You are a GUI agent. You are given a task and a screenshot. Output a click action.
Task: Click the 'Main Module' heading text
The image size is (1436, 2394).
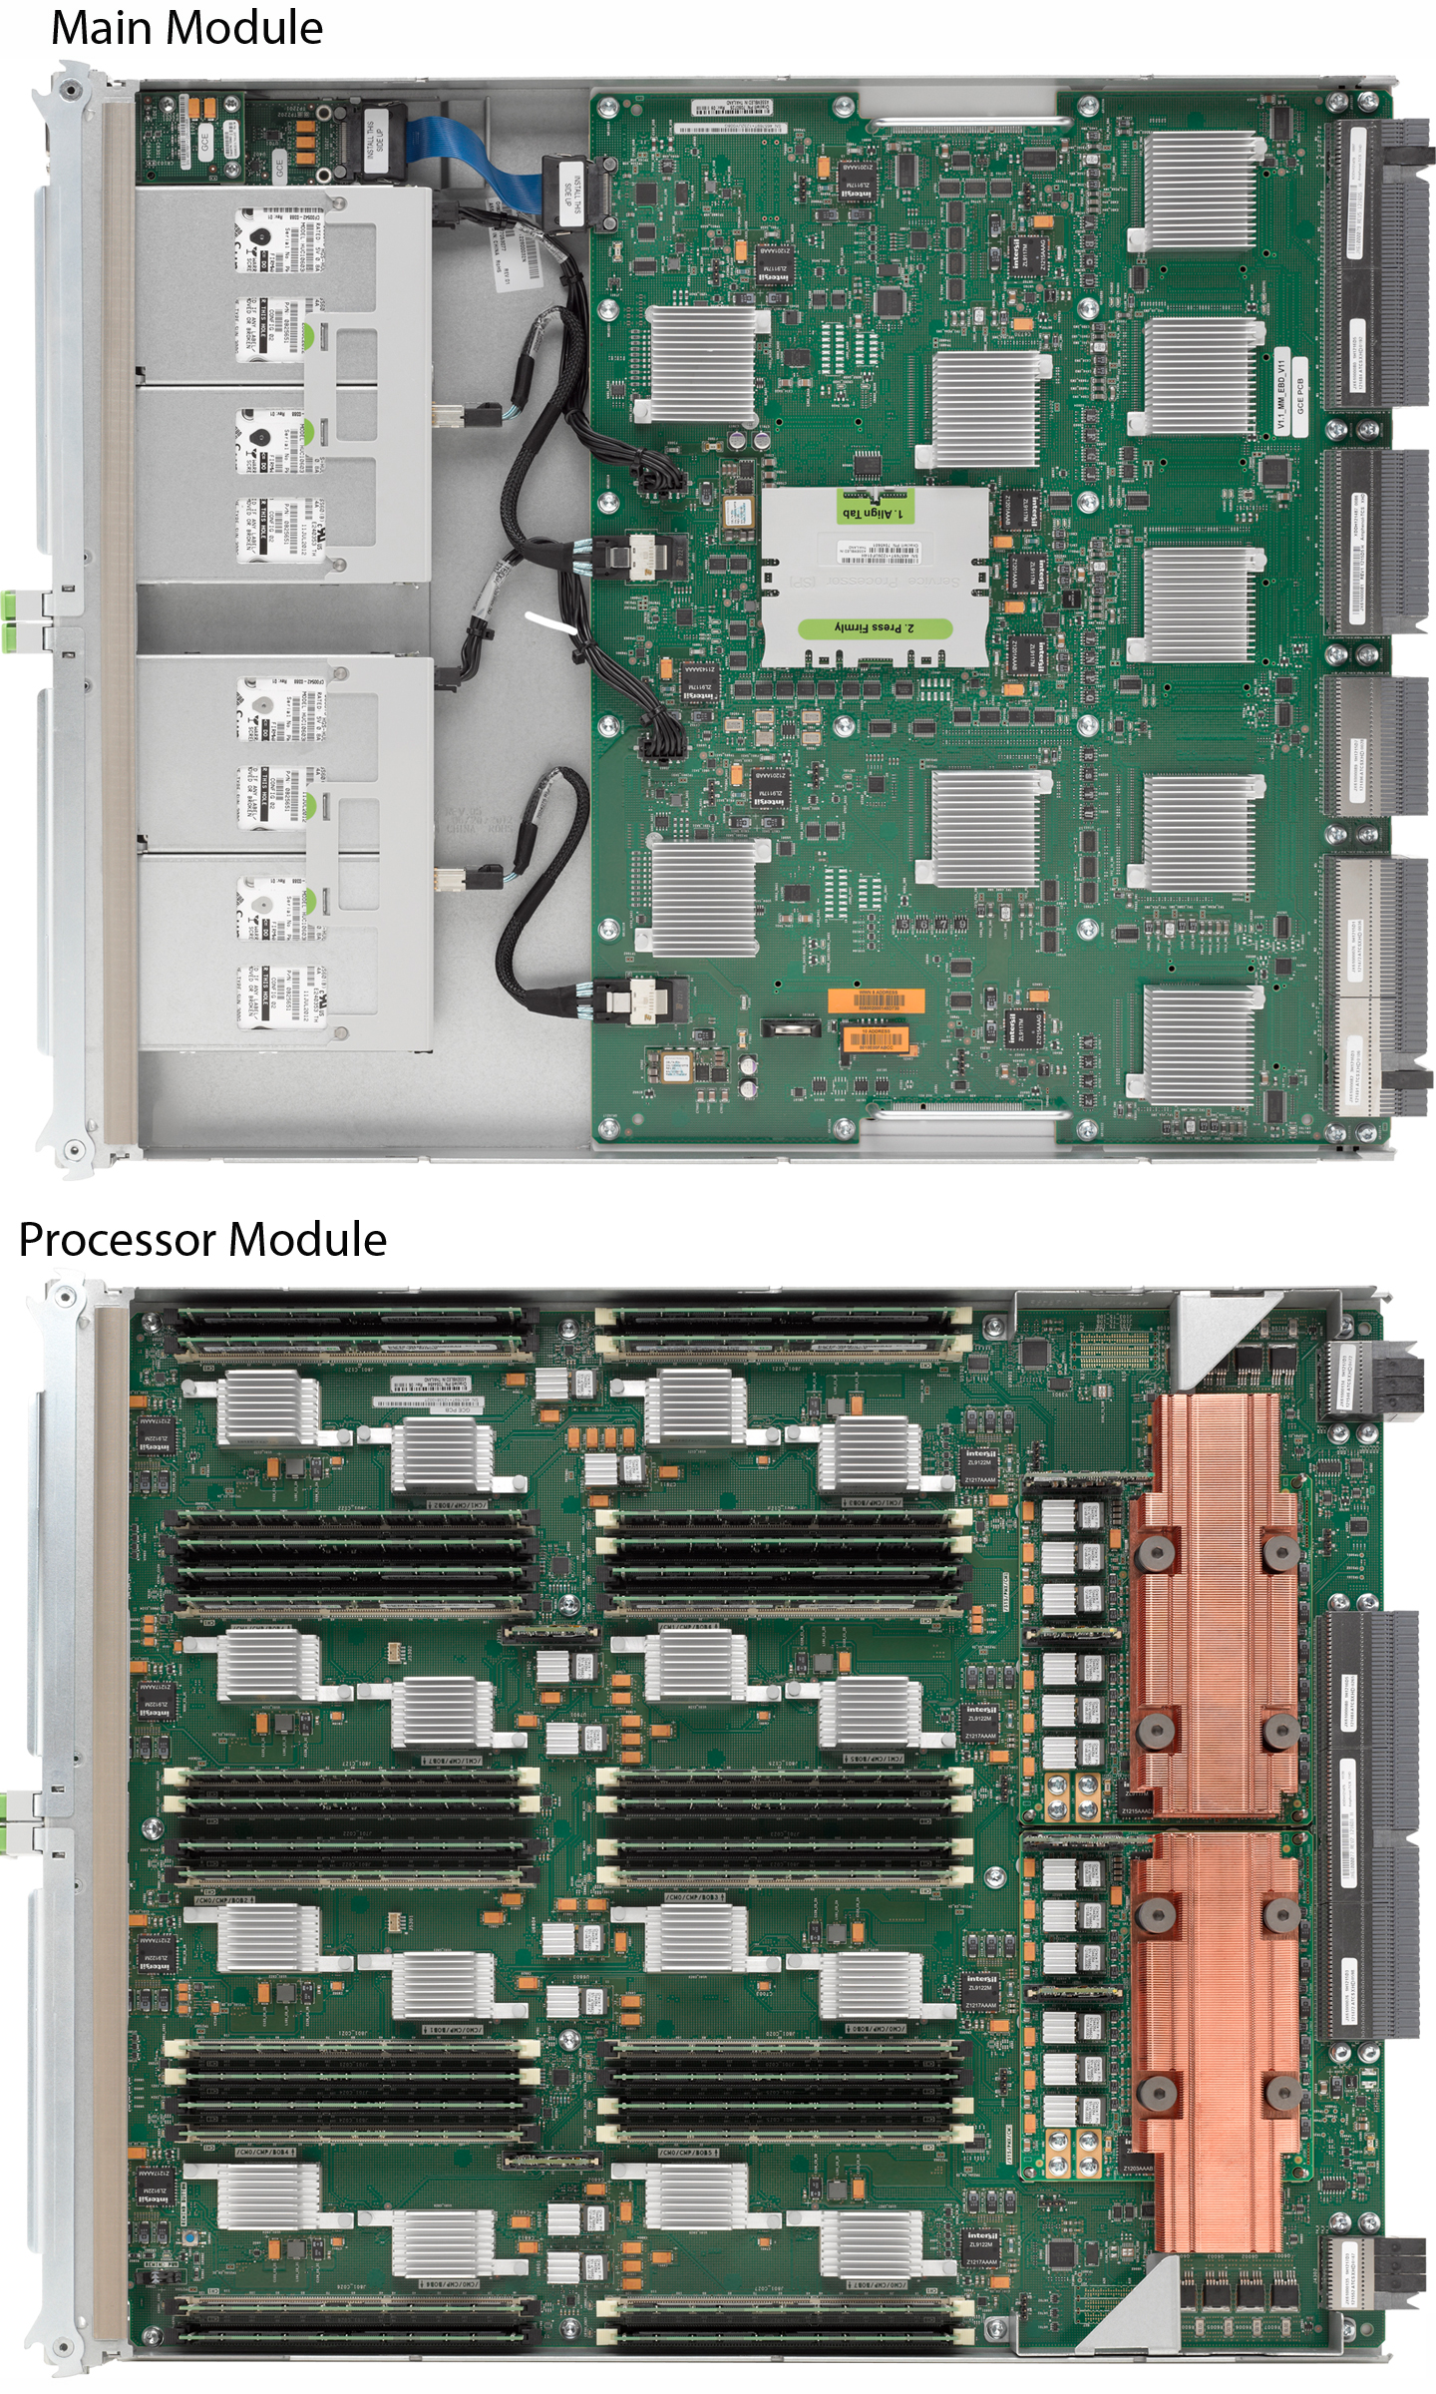pos(186,28)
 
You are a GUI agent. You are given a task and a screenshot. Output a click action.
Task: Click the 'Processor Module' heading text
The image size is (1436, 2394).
pos(202,1240)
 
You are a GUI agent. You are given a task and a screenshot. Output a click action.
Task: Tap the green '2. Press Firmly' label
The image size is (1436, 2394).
pos(874,627)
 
